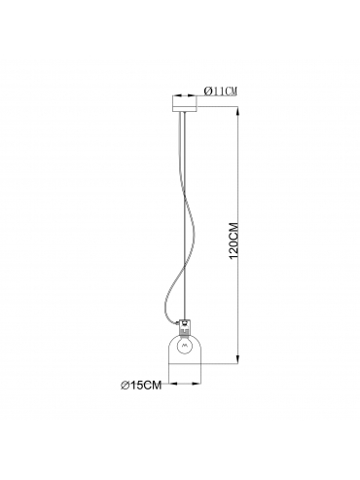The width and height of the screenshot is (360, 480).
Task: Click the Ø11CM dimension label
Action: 220,92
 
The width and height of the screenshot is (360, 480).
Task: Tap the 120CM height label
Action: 234,240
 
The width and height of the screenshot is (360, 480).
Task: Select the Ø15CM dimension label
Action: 141,386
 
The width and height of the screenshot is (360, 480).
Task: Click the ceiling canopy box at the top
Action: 185,103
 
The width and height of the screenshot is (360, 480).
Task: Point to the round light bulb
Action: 185,347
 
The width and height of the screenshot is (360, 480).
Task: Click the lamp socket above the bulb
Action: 185,327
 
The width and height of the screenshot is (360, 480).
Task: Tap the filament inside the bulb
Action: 185,346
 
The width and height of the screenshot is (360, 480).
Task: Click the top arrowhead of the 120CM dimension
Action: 238,113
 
